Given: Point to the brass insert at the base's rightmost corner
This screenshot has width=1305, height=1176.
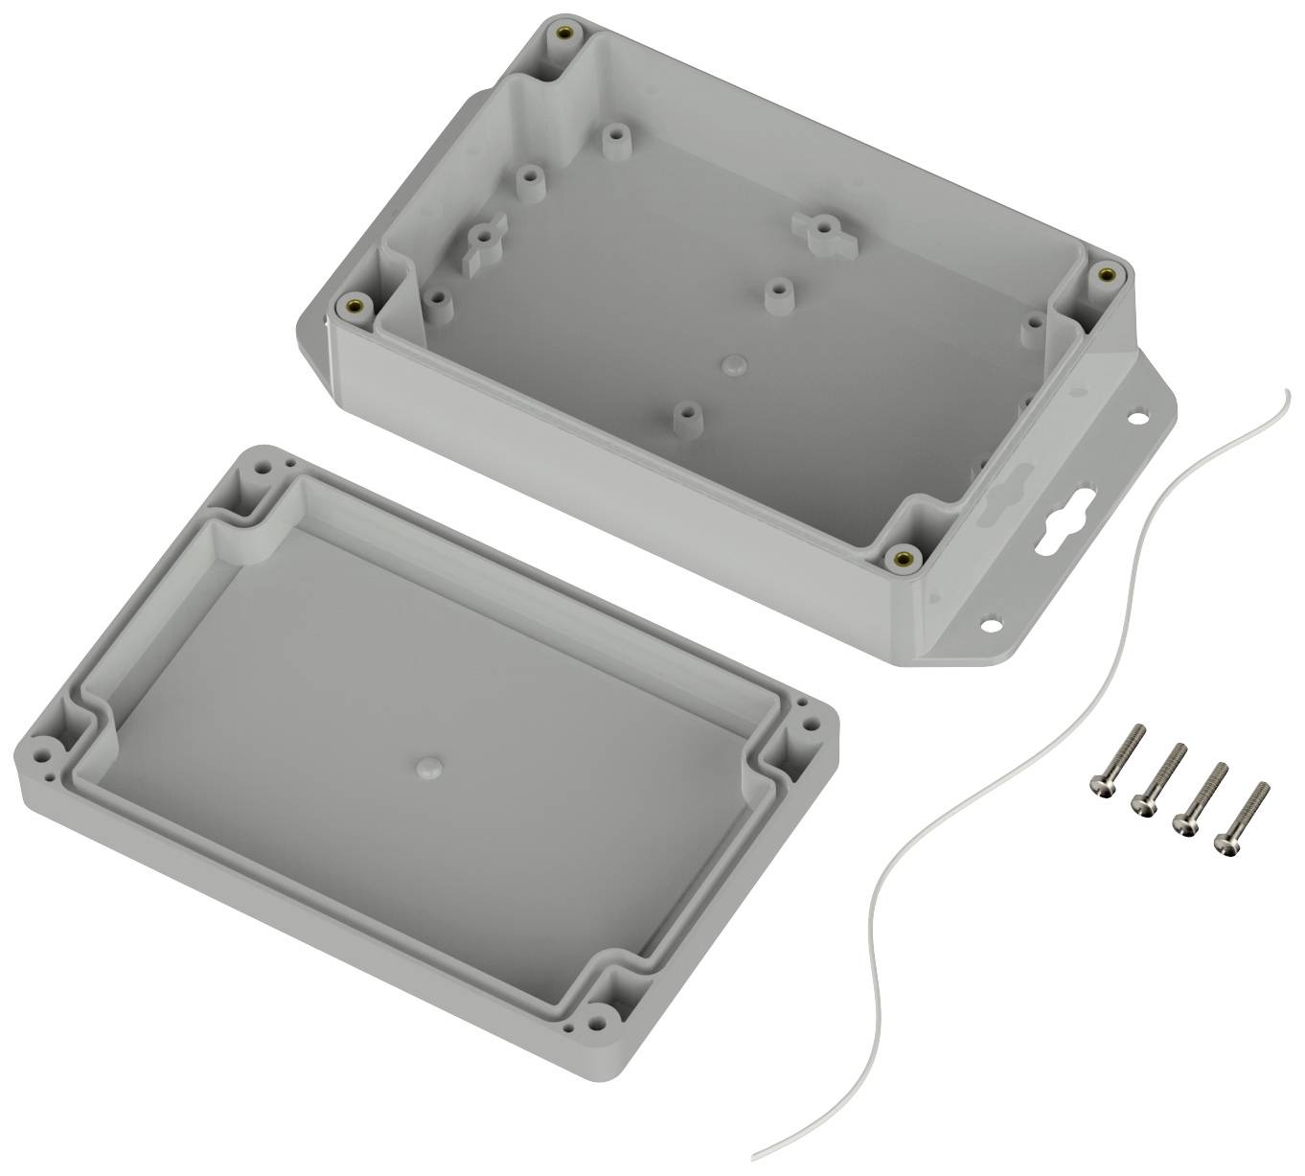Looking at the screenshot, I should [x=1107, y=274].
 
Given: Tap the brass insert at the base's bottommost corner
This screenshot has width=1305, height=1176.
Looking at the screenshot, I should [x=901, y=557].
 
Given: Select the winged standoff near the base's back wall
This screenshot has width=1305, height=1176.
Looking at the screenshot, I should [x=821, y=231].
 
